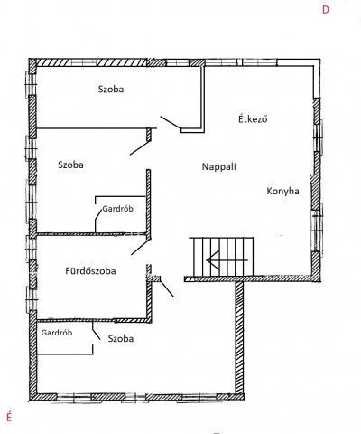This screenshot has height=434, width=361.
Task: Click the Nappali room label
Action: (x=218, y=167)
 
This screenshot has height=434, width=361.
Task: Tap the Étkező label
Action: (x=253, y=118)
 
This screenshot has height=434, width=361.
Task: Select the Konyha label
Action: (x=282, y=192)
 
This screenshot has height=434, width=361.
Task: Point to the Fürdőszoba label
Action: (x=90, y=270)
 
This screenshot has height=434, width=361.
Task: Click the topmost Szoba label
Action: (x=111, y=90)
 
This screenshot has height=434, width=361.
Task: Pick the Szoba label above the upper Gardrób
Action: (x=70, y=165)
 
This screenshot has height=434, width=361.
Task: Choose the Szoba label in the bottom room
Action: (x=121, y=338)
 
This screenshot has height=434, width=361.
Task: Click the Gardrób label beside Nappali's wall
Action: (x=117, y=209)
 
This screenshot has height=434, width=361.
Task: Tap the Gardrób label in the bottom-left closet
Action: (x=57, y=333)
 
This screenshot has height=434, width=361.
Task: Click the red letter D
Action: (x=326, y=10)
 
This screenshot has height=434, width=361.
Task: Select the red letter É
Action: (x=9, y=417)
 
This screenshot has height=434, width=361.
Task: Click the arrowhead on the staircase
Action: (x=212, y=260)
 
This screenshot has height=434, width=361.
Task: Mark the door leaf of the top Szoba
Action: (x=171, y=123)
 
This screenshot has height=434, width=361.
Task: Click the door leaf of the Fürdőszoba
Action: (x=140, y=247)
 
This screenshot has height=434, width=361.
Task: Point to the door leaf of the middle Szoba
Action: (x=140, y=147)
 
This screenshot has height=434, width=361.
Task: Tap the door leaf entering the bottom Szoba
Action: (x=167, y=288)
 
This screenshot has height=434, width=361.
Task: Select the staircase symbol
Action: (x=221, y=257)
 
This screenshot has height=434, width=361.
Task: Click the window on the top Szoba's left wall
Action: (x=31, y=83)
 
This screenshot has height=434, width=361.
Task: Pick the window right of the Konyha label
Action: (x=317, y=227)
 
